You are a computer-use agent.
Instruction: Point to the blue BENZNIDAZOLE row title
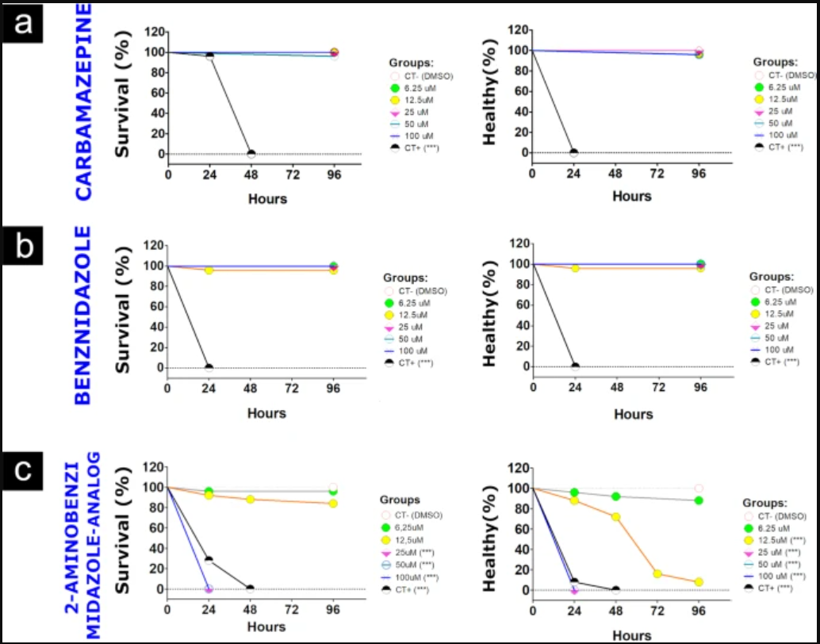(84, 316)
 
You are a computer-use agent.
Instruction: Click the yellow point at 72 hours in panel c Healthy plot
(657, 573)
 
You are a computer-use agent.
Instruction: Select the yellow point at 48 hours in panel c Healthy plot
(615, 516)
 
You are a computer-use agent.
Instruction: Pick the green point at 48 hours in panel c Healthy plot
(615, 496)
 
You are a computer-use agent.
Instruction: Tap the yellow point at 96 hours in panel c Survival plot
(333, 504)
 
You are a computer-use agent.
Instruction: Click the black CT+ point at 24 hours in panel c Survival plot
(209, 560)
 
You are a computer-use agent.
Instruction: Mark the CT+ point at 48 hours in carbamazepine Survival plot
(251, 154)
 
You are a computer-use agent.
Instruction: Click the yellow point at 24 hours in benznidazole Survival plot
(209, 270)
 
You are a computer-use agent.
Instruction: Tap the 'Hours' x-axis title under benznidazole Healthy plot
(633, 414)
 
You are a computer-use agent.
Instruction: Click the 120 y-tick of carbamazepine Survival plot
(153, 32)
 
